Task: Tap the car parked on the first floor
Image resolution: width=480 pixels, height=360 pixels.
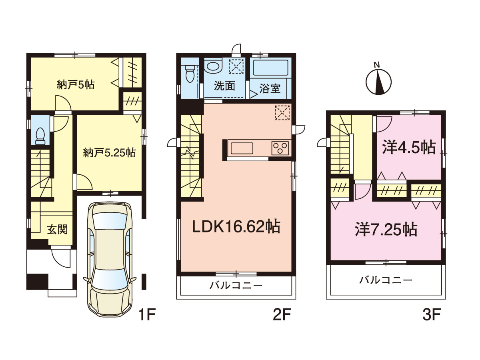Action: click(x=110, y=258)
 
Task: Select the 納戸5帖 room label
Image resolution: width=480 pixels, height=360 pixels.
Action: click(x=76, y=84)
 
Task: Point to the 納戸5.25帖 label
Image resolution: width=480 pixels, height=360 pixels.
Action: click(x=109, y=152)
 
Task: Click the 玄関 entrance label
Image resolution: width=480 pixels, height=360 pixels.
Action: click(x=58, y=230)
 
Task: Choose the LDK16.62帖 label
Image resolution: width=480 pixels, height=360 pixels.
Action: click(x=236, y=227)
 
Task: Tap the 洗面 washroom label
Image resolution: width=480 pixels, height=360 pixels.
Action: click(x=224, y=86)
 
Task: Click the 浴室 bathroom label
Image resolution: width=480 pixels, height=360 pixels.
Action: click(x=270, y=88)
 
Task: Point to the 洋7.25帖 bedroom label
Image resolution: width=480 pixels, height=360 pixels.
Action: click(x=386, y=230)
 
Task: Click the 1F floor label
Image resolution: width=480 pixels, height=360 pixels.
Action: click(x=147, y=314)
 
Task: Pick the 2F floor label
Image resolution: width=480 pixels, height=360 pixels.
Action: click(x=282, y=314)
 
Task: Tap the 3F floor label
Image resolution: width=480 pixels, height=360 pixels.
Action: click(x=432, y=314)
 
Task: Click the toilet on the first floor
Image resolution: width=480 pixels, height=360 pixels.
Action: click(x=40, y=136)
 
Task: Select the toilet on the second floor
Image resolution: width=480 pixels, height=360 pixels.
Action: click(x=190, y=74)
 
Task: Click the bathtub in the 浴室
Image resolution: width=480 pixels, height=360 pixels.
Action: click(x=271, y=68)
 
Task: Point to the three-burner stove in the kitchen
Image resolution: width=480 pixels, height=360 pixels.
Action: click(x=280, y=148)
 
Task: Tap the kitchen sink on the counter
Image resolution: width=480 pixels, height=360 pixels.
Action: click(x=242, y=148)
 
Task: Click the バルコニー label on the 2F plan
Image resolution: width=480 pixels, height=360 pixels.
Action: click(x=236, y=286)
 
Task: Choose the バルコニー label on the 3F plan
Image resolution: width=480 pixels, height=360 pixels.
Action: click(x=386, y=280)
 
